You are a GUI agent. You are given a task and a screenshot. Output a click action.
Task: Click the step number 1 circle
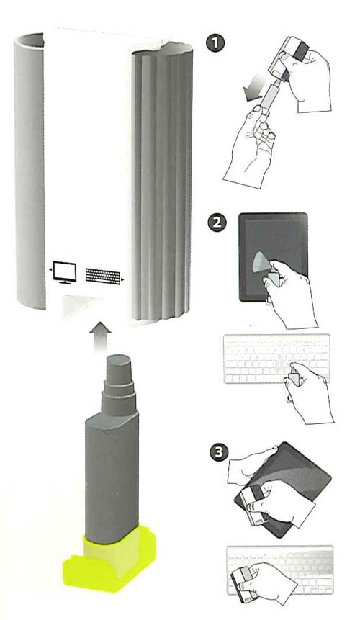click(x=215, y=43)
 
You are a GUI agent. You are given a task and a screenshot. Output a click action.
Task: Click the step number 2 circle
click(x=217, y=223)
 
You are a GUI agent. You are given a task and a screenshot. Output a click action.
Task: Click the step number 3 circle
click(x=219, y=452)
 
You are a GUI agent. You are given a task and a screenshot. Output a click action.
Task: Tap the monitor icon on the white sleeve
click(x=64, y=272)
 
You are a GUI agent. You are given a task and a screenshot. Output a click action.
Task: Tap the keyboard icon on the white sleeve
click(x=103, y=276)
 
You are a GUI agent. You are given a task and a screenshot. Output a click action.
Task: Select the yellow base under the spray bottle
click(x=109, y=557)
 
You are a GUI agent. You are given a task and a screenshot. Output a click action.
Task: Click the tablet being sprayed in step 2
click(x=273, y=257)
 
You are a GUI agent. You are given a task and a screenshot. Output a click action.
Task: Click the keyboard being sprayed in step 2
click(x=276, y=359)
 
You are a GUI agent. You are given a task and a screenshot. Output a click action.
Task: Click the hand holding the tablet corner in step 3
click(x=253, y=464)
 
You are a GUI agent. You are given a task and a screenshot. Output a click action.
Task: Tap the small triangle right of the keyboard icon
click(x=123, y=280)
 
